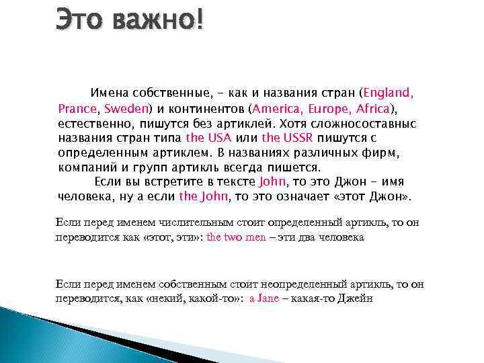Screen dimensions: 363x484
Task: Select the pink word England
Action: point(388,92)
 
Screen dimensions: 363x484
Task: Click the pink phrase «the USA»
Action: point(208,137)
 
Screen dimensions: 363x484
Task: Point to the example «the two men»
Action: point(236,237)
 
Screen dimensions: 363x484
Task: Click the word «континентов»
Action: point(203,108)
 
